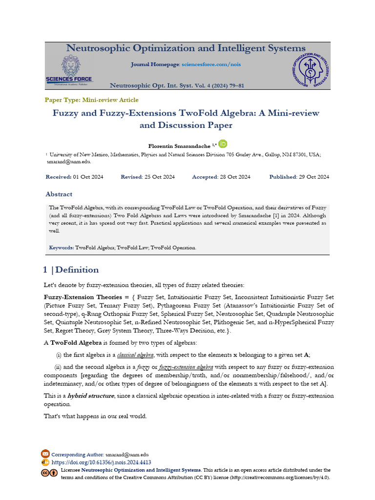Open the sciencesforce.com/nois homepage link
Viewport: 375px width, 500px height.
[211, 64]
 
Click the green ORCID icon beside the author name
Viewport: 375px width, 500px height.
[223, 144]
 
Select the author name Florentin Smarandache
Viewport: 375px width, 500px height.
[179, 146]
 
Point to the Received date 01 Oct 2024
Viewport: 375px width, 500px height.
[88, 177]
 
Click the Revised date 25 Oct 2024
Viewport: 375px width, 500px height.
[160, 177]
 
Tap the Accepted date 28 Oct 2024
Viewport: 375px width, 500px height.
[236, 177]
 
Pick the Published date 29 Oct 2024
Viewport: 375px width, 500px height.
[314, 177]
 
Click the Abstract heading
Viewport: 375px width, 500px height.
[59, 194]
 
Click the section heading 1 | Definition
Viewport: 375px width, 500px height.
[71, 270]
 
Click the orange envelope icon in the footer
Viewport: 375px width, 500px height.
[45, 454]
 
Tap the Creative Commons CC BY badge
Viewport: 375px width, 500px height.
[49, 473]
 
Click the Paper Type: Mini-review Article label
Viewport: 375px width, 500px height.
[92, 100]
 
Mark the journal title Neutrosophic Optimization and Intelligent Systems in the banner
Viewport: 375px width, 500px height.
[186, 48]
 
